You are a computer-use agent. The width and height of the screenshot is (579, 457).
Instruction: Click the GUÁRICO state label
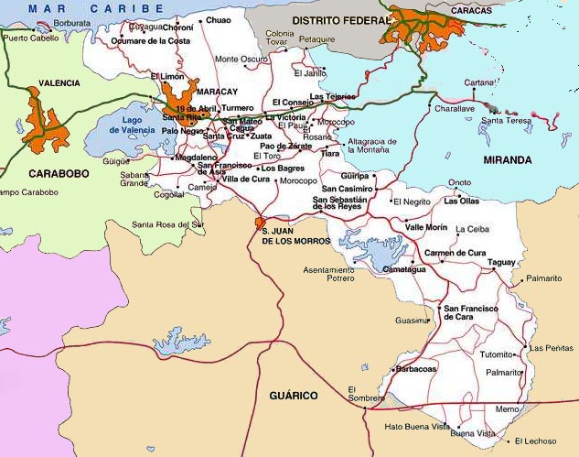click(293, 396)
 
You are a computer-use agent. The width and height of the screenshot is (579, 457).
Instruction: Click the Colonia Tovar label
click(280, 38)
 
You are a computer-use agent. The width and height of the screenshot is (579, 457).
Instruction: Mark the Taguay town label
click(501, 262)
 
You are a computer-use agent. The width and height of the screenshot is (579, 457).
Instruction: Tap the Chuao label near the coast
click(219, 19)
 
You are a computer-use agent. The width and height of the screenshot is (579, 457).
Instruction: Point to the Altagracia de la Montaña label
click(371, 147)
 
